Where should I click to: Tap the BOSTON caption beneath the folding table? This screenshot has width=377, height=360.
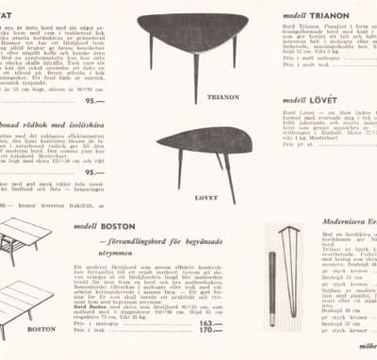pyautogui.click(x=41, y=329)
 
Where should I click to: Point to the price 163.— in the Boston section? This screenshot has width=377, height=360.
pyautogui.click(x=211, y=322)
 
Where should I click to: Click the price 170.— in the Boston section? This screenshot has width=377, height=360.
pyautogui.click(x=211, y=331)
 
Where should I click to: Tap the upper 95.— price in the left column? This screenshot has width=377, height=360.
pyautogui.click(x=94, y=101)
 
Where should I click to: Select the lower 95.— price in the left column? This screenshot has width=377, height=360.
pyautogui.click(x=94, y=172)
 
